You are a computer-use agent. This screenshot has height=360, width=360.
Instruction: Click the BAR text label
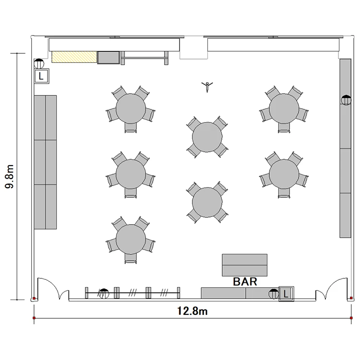(245, 281)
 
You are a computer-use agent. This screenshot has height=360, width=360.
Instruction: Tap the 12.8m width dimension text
(192, 311)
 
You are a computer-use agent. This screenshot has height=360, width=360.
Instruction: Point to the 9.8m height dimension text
(10, 176)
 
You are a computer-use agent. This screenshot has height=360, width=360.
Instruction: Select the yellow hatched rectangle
(74, 57)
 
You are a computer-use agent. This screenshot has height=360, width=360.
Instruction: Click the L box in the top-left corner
(41, 76)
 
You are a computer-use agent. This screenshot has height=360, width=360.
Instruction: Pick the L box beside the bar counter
(286, 294)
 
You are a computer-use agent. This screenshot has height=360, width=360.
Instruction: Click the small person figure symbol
(207, 86)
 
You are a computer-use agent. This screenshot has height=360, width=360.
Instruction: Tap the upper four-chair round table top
(207, 137)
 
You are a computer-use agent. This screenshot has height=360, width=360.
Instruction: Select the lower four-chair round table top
(207, 202)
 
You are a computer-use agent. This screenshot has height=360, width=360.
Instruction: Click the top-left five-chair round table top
(131, 108)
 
